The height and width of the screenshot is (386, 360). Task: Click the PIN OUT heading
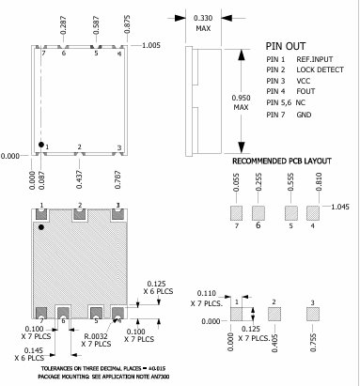tap(287, 45)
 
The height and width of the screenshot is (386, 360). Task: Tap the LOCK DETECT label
tap(320, 69)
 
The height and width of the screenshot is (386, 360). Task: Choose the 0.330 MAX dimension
tap(202, 23)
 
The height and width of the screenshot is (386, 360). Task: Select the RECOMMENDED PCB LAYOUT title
tap(280, 161)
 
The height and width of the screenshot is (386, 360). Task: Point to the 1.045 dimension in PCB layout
tap(341, 207)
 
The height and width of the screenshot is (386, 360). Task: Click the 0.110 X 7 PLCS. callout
tap(206, 300)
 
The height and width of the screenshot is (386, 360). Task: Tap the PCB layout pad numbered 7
tap(237, 211)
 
